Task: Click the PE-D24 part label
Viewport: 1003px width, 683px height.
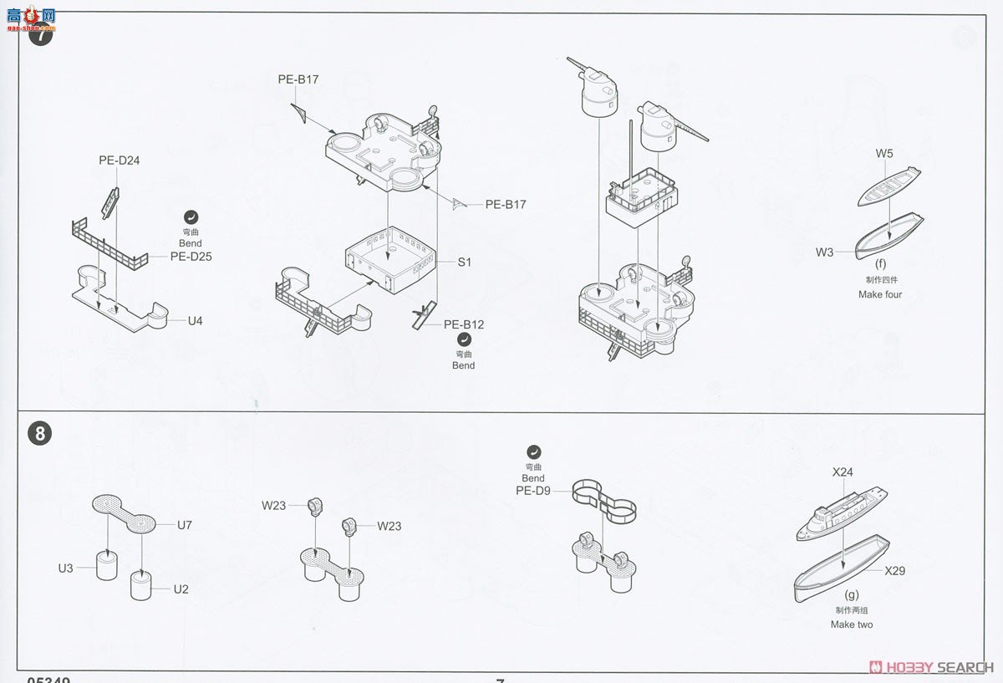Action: pos(119,161)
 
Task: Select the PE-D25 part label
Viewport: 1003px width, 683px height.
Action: pos(191,257)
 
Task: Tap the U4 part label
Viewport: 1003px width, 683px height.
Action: pos(195,320)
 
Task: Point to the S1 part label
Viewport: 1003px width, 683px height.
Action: pos(465,262)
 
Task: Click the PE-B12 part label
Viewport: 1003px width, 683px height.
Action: pos(463,324)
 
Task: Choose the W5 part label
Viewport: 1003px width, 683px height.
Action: pos(884,154)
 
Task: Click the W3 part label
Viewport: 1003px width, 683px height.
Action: pos(825,252)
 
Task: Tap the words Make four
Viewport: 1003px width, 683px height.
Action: pos(880,294)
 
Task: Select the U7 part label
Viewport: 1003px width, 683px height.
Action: pos(185,525)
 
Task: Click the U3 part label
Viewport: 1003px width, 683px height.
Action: pos(66,568)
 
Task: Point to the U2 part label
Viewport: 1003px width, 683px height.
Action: pos(181,589)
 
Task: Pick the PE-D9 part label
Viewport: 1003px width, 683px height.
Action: pos(532,491)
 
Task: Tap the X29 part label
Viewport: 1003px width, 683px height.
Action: pos(895,571)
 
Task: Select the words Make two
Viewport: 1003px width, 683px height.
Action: pos(852,624)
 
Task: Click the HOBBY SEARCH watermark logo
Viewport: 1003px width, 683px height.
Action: pos(932,666)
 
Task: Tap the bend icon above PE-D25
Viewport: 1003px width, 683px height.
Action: pos(191,215)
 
